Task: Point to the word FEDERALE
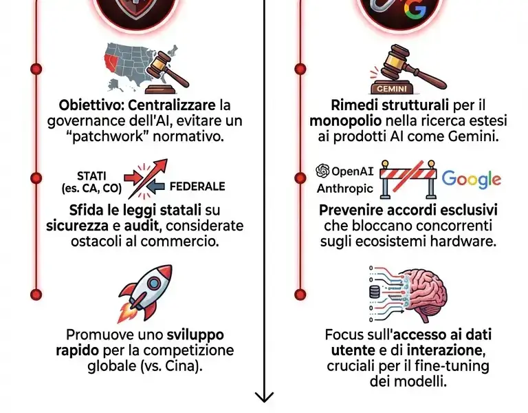coord(197,186)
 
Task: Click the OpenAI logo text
coord(344,171)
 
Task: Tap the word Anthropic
coord(345,188)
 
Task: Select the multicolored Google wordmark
coord(471,179)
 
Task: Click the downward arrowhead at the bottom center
coord(264,397)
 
